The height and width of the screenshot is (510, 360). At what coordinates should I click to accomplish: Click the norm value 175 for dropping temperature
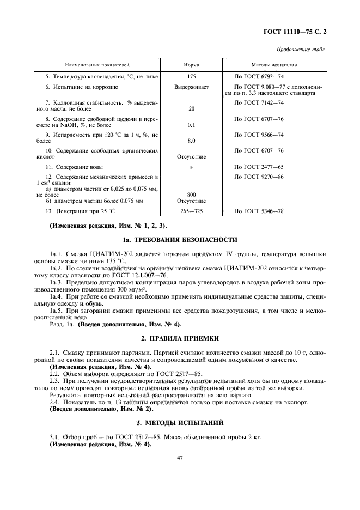(191, 77)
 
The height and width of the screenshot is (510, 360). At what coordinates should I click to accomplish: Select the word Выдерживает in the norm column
(191, 87)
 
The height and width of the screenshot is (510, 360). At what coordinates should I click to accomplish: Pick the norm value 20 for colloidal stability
(191, 109)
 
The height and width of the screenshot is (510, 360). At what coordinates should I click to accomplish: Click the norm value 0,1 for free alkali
(191, 125)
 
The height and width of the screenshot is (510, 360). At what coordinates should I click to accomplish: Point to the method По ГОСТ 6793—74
(259, 77)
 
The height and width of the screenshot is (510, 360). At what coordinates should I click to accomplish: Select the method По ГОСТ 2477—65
(259, 167)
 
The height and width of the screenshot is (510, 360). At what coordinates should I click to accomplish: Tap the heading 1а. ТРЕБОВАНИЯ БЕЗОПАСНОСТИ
(180, 239)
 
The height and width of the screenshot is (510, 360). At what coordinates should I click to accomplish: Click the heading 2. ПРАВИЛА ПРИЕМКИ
(180, 338)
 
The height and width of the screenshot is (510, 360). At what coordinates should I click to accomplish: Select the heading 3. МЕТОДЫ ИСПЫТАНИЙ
(180, 423)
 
